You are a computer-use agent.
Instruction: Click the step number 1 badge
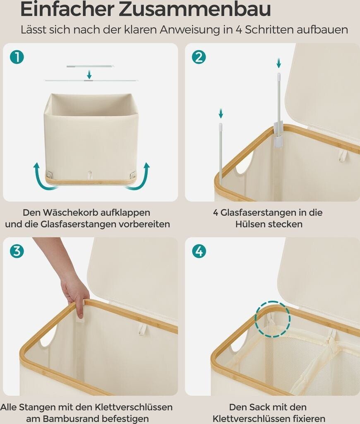pyautogui.click(x=17, y=57)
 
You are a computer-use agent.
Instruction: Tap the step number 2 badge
pyautogui.click(x=199, y=57)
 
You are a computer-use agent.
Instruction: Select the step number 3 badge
pyautogui.click(x=17, y=251)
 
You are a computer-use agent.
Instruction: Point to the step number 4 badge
pyautogui.click(x=199, y=251)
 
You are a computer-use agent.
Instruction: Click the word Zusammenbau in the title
pyautogui.click(x=195, y=9)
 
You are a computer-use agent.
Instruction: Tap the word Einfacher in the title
pyautogui.click(x=67, y=9)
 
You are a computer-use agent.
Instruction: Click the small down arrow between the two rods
pyautogui.click(x=89, y=75)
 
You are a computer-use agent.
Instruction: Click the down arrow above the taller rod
pyautogui.click(x=278, y=63)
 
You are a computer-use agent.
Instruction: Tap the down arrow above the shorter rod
pyautogui.click(x=221, y=113)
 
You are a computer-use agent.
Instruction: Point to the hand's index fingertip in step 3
pyautogui.click(x=80, y=315)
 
